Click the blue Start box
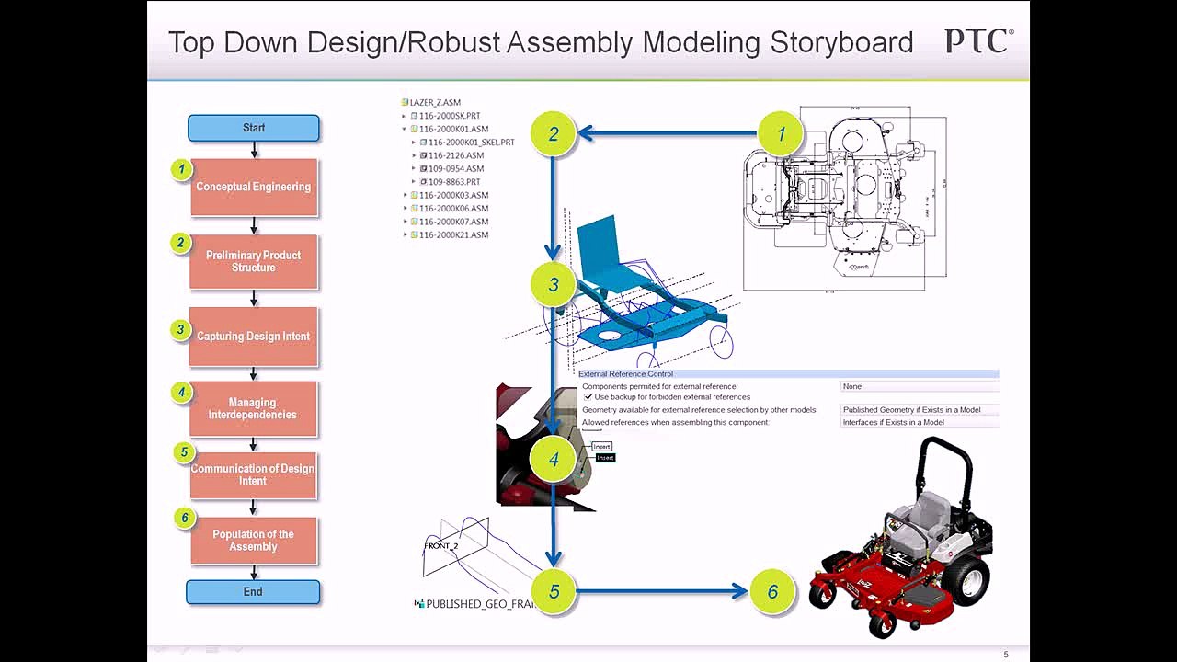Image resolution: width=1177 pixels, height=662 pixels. pos(254,128)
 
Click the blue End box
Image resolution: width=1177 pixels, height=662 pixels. pos(253,592)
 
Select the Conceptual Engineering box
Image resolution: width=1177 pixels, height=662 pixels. pos(254,187)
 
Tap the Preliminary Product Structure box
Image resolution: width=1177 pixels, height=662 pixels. pos(254,261)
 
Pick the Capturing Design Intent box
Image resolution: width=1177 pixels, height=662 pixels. pos(254,337)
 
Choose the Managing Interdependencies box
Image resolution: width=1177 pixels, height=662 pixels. pos(253,408)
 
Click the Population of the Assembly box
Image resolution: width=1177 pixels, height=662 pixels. pos(254,541)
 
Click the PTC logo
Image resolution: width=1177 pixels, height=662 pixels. pos(978,41)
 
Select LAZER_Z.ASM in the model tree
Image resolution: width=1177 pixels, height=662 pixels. pos(435,103)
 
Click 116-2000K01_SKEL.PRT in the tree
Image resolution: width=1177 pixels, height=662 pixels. pos(471,143)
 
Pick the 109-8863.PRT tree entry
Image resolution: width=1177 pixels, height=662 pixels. pos(454,182)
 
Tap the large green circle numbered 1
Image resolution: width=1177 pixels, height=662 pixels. pos(781,134)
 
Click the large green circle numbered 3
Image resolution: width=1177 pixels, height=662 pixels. pos(554,285)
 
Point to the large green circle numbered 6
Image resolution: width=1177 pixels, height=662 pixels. pos(772,592)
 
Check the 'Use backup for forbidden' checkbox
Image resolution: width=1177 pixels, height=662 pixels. pos(588,397)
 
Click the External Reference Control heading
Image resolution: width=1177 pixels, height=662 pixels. pos(625,374)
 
